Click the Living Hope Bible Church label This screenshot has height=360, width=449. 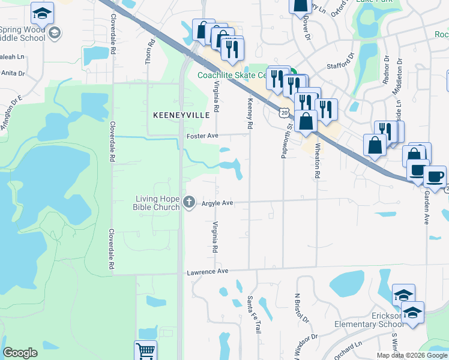tap(156, 203)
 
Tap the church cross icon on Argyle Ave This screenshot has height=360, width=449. tap(190, 202)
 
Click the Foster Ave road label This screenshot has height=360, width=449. tap(202, 136)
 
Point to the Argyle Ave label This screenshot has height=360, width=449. tap(217, 203)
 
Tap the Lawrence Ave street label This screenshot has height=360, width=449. tap(207, 272)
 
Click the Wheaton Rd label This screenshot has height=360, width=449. tap(316, 160)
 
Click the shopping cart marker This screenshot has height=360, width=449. tap(145, 351)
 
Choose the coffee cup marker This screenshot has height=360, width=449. tap(435, 176)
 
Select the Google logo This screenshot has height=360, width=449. tap(20, 353)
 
